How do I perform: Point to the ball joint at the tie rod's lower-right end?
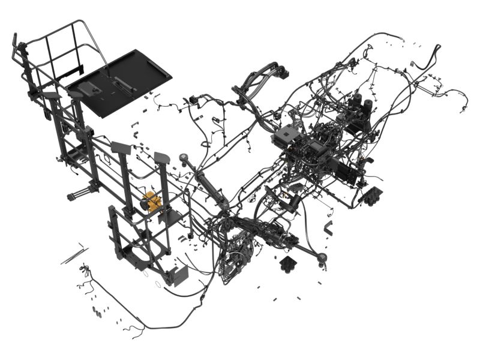coord(323,259)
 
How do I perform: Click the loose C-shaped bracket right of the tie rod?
coord(328,227)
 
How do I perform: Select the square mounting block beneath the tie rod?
coord(289,263)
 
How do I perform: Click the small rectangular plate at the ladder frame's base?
coord(179,275)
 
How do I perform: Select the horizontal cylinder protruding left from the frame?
coord(81,194)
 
